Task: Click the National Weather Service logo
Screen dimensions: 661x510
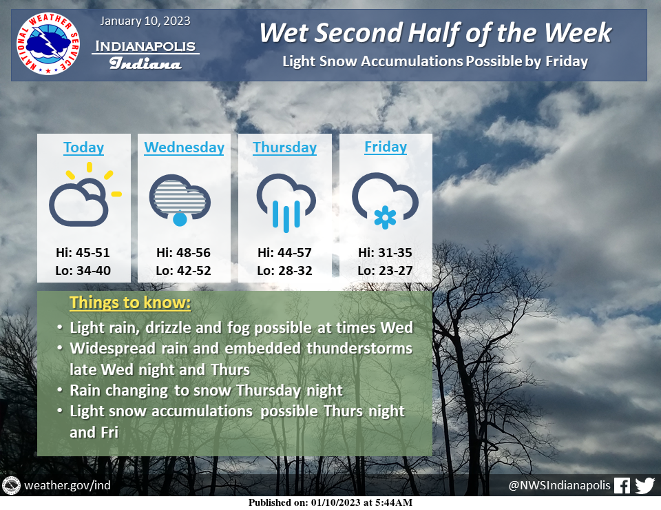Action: (x=48, y=44)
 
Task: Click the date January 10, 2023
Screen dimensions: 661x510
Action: (x=145, y=21)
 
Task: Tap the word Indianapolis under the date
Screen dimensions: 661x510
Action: (x=145, y=46)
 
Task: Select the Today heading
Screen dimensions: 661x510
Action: (x=83, y=147)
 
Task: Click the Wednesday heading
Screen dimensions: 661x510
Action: (x=185, y=147)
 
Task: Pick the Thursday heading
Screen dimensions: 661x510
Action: (x=284, y=147)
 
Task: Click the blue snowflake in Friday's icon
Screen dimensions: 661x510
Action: (x=386, y=218)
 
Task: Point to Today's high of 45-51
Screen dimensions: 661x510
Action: (x=83, y=253)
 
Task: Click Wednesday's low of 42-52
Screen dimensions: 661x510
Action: (x=183, y=270)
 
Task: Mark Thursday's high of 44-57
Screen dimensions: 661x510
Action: (x=284, y=253)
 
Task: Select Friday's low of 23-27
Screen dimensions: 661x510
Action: (x=385, y=270)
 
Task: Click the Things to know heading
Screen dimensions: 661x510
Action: (x=130, y=303)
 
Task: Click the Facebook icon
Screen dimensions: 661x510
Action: (x=622, y=485)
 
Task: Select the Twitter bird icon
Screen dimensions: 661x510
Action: (x=645, y=485)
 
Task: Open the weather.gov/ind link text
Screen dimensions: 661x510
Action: (x=67, y=485)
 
